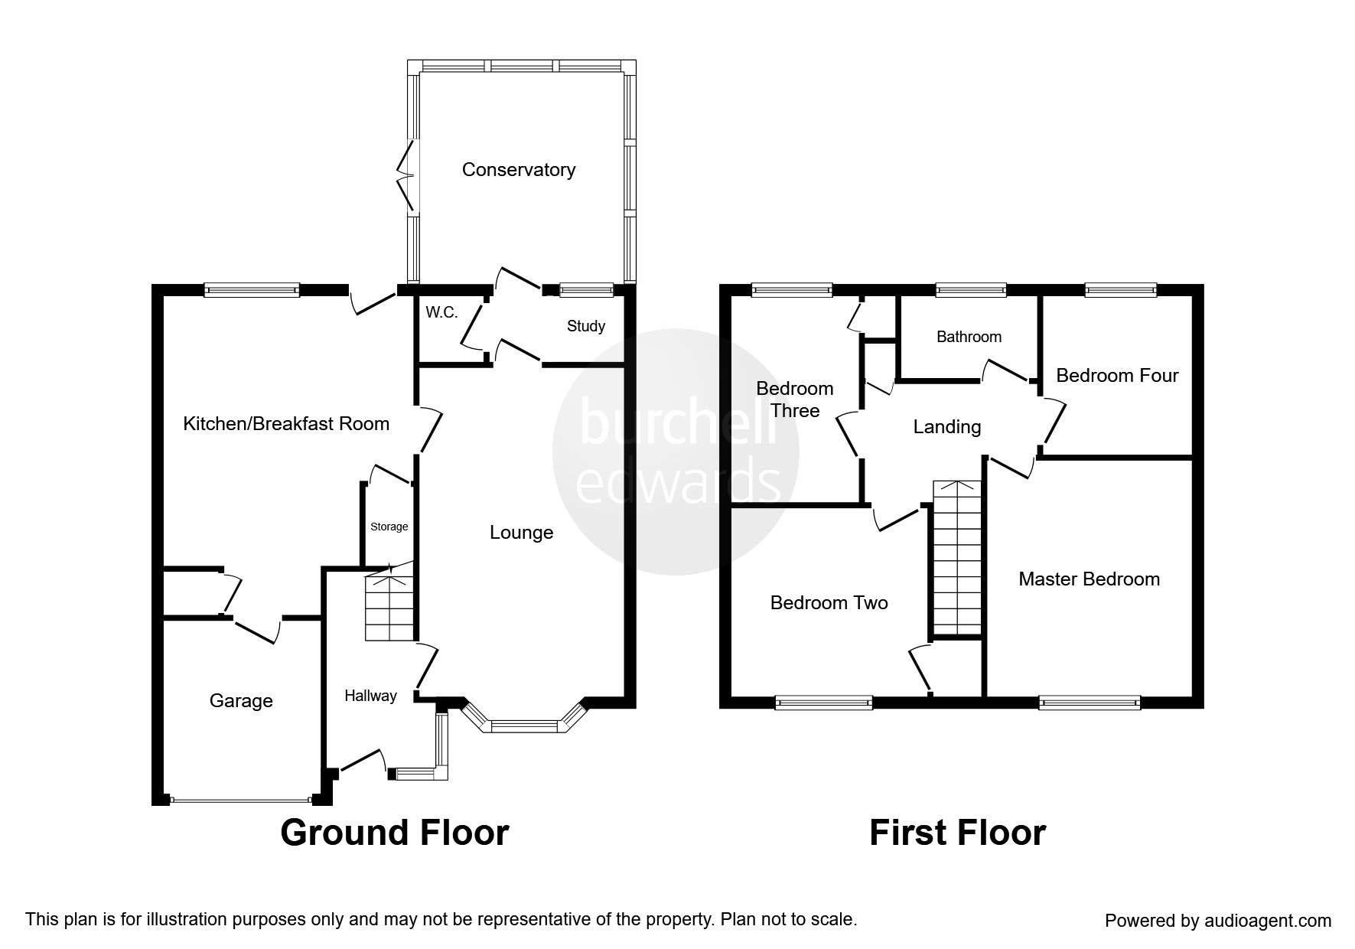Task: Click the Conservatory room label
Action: tap(518, 170)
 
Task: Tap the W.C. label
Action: tap(441, 312)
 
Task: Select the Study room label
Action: tap(585, 326)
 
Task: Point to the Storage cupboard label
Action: tap(389, 527)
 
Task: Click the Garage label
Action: tap(241, 701)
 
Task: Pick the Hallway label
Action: tap(370, 696)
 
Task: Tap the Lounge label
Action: tap(521, 533)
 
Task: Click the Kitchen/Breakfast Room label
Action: tap(286, 424)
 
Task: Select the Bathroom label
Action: tap(969, 337)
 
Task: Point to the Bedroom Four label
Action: tap(1117, 376)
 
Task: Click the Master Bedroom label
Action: tap(1089, 579)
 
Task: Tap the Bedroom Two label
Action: tap(829, 603)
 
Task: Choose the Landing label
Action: tap(947, 427)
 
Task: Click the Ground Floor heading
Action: tap(394, 833)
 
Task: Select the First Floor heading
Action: tap(957, 833)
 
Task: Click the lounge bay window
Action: tap(524, 726)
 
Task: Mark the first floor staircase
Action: tap(956, 559)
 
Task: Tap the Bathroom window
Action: tap(971, 290)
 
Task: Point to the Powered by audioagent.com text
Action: tap(1218, 921)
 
